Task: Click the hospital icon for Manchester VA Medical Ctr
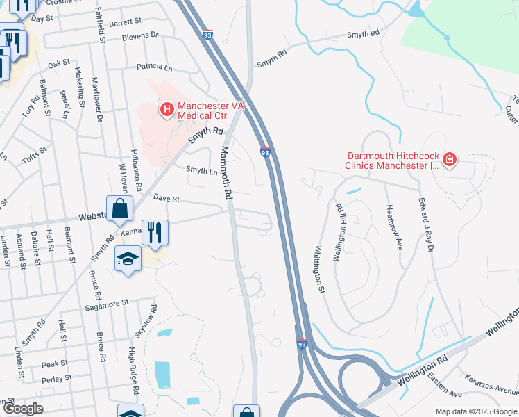click(166, 109)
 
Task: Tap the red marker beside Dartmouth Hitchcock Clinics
click(450, 160)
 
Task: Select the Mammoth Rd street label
click(226, 174)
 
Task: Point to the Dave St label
click(167, 199)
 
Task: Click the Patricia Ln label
click(154, 68)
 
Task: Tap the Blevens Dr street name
click(139, 35)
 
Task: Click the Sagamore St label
click(107, 303)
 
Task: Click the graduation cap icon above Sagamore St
click(128, 260)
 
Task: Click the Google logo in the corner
click(23, 409)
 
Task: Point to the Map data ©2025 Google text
click(476, 411)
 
